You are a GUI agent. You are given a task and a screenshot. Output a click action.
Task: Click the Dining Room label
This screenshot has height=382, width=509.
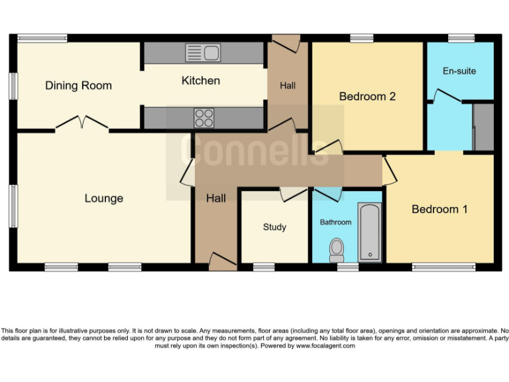tap(78, 86)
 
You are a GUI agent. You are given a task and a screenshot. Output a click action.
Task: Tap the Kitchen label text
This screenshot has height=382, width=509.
tap(201, 81)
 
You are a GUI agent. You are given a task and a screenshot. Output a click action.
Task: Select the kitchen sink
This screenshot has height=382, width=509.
tap(203, 53)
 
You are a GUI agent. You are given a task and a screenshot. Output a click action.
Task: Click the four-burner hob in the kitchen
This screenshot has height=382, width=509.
tap(204, 117)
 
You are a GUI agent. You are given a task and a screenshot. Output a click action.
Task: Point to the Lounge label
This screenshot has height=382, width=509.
tap(104, 198)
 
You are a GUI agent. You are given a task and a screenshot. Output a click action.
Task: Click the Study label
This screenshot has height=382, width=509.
tap(274, 227)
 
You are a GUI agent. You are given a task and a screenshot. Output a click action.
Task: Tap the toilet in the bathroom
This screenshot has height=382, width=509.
tap(337, 249)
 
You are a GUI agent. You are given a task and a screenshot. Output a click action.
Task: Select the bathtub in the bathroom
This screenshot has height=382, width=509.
tap(369, 231)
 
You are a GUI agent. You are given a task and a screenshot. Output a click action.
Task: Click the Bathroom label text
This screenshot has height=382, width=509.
tap(335, 222)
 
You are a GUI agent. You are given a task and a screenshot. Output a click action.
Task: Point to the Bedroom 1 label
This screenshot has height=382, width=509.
tap(439, 210)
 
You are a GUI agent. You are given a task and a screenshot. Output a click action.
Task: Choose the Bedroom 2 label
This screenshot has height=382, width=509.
tap(367, 97)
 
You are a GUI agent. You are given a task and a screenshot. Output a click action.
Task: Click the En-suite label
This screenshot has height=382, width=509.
tap(459, 71)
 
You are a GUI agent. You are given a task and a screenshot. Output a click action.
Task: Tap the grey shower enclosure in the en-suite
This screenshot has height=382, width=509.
tap(484, 126)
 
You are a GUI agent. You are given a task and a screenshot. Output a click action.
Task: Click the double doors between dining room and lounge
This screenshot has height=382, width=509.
tap(82, 123)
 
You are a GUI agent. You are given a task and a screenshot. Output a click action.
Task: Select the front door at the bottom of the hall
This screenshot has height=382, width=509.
tap(222, 261)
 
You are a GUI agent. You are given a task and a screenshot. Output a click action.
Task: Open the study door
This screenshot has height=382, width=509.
tap(290, 194)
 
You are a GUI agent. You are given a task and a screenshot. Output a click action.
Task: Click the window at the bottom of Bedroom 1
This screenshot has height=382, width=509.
tap(443, 267)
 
